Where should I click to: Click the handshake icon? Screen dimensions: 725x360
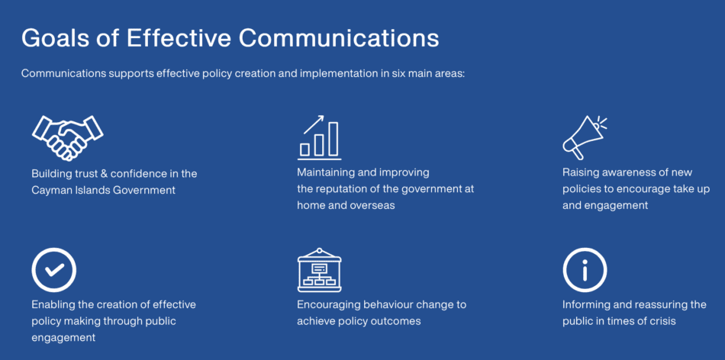point(67,138)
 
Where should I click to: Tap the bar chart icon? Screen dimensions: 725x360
point(320,137)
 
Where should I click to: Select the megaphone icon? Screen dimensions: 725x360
point(585,138)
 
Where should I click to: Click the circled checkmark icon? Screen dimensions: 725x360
point(54,270)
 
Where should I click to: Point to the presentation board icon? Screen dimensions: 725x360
point(320,270)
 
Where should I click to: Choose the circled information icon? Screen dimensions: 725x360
point(585,270)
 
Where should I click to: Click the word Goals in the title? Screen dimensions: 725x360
point(56,38)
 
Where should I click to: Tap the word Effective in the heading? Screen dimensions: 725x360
point(179,38)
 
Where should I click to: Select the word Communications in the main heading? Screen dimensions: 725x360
point(339,38)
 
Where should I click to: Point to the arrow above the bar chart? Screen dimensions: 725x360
point(314,124)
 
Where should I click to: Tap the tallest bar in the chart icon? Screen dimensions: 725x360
point(333,139)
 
